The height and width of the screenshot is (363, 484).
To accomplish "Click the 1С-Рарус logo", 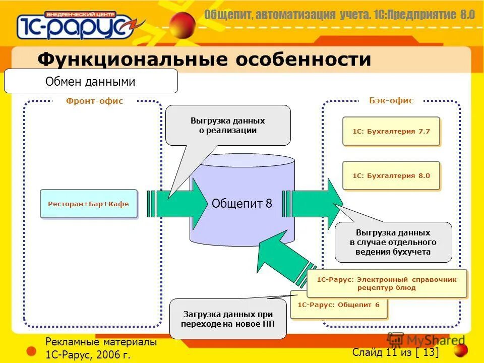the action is click(76, 25).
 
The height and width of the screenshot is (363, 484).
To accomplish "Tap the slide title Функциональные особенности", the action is click(204, 59).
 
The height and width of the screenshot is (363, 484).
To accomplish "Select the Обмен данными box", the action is click(91, 81).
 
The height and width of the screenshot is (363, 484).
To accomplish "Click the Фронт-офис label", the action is click(94, 101).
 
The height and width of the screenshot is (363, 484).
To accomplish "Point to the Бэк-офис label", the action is click(391, 101).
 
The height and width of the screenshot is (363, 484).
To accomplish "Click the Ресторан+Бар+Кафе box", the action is click(89, 204).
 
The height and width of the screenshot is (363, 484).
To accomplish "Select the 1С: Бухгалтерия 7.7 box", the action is click(391, 131).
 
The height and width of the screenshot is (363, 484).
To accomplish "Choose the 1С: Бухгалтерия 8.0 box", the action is click(391, 175).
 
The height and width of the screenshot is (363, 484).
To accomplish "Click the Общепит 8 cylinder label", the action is click(242, 204).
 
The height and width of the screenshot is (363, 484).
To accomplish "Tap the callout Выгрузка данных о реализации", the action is click(228, 126).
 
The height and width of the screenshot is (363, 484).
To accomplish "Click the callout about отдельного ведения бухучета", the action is click(393, 242).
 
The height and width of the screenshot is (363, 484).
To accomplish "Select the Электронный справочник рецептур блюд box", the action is click(387, 283).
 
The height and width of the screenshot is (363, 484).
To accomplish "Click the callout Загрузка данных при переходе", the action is click(228, 319).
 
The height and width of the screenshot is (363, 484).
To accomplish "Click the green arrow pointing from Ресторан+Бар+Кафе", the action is click(179, 204).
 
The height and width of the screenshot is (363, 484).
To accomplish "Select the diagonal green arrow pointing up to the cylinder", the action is click(282, 257).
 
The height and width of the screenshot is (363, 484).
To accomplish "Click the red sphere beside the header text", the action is click(182, 24).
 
